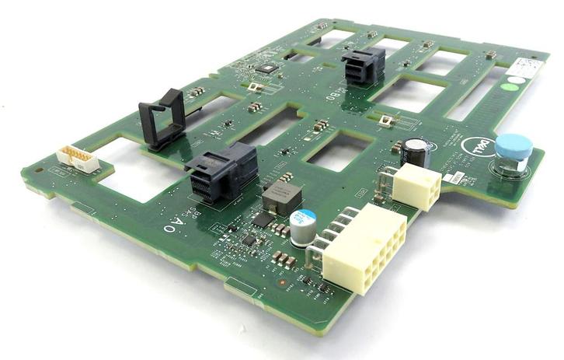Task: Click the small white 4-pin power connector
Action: click(416, 187)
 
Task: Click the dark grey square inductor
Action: click(281, 199)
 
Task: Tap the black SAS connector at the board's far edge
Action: click(362, 65)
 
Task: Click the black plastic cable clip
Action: click(163, 118)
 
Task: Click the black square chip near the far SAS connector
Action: click(268, 68)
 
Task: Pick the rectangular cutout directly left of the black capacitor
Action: click(336, 150)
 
